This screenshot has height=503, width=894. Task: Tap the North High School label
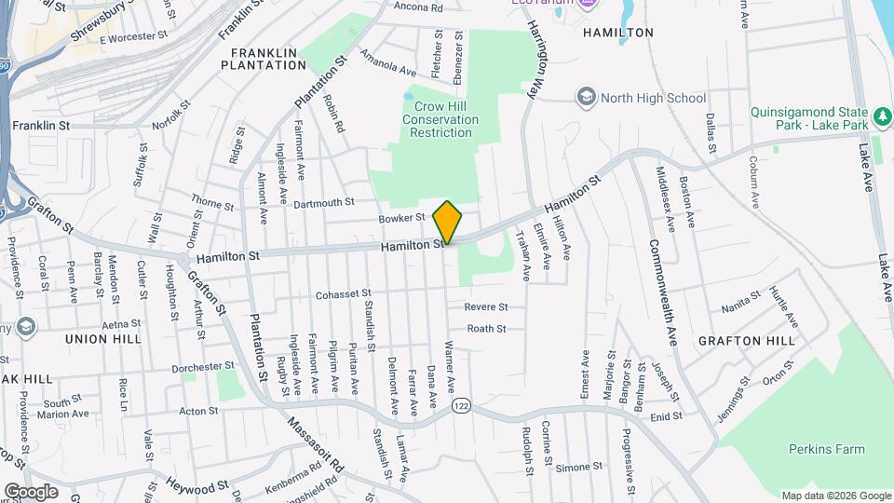[653, 97]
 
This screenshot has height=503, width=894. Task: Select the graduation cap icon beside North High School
[586, 97]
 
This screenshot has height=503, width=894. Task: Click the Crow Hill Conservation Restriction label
[441, 120]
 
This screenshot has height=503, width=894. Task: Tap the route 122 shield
[461, 405]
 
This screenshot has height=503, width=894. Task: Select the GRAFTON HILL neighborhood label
[747, 341]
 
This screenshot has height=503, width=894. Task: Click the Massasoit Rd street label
[316, 443]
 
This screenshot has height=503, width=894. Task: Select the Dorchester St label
[204, 366]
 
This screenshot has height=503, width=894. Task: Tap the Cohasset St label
[343, 294]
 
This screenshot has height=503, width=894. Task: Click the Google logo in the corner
[31, 491]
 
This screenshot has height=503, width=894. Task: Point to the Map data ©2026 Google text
[835, 496]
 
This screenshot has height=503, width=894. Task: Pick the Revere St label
[486, 306]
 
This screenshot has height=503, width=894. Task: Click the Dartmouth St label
[324, 202]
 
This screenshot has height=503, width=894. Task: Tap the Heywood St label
[197, 485]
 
